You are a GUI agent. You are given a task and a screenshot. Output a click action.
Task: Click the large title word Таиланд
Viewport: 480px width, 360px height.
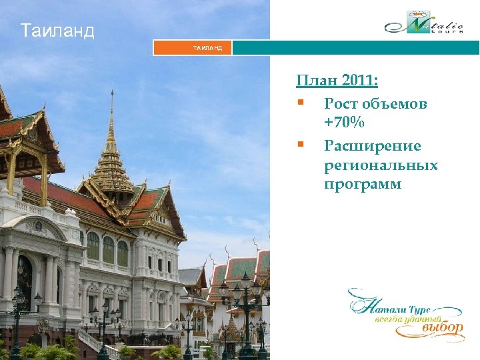click(x=57, y=31)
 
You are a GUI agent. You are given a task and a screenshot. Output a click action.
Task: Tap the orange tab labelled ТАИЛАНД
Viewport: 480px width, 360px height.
click(x=193, y=48)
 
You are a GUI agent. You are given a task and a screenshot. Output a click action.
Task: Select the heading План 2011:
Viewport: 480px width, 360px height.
click(x=337, y=81)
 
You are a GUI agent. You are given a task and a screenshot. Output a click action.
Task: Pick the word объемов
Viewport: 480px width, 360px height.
click(x=396, y=103)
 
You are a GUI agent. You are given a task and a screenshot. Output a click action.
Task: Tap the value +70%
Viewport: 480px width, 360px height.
click(x=344, y=123)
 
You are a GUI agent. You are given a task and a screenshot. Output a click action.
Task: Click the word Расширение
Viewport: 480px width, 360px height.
click(x=372, y=145)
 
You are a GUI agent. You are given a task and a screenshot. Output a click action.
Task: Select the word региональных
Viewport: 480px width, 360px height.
click(x=381, y=165)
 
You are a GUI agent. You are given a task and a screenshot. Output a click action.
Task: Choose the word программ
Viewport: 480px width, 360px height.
click(x=363, y=185)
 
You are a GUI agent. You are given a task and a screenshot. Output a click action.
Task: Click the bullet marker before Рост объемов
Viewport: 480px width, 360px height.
click(x=301, y=103)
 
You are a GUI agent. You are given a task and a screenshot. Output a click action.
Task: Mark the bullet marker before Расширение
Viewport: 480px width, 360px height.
click(x=301, y=144)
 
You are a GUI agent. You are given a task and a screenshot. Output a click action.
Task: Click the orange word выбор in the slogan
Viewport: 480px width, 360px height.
click(x=443, y=327)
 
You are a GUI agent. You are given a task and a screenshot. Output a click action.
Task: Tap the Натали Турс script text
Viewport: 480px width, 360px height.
click(x=393, y=309)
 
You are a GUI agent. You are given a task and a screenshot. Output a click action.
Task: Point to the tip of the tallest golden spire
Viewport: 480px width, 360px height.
click(x=112, y=92)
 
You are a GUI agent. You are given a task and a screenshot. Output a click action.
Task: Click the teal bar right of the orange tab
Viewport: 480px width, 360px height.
click(x=355, y=48)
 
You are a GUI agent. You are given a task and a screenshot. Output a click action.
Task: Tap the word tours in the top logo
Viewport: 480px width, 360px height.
click(x=451, y=30)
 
